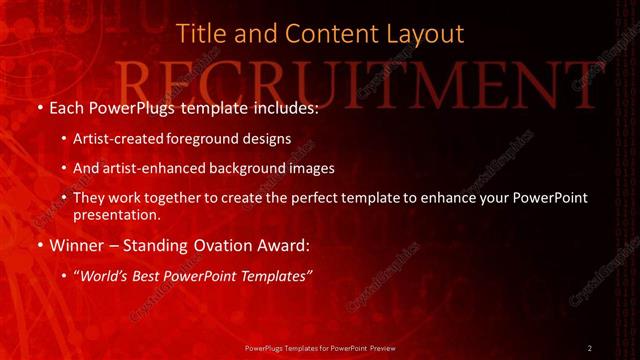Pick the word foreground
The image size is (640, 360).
(x=201, y=138)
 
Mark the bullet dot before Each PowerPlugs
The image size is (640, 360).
(x=39, y=107)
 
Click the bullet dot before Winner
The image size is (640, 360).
(x=39, y=246)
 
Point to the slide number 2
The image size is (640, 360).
(x=590, y=348)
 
